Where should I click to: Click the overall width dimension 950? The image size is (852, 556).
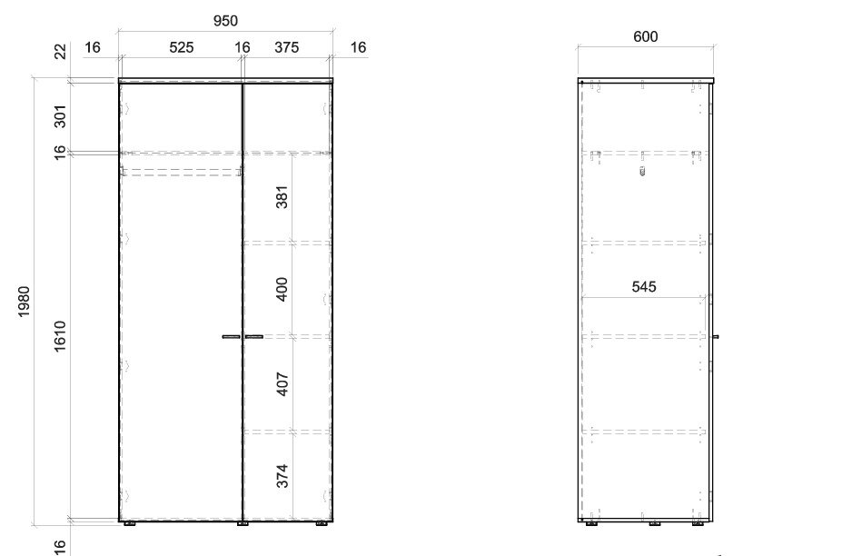pos(225,21)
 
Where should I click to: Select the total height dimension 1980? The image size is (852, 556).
pos(25,302)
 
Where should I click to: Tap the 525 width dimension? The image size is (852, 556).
pos(182,48)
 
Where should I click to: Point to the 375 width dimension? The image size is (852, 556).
pos(286,48)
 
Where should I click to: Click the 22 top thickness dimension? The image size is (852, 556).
pos(60,52)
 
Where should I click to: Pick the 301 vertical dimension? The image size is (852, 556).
pos(60,116)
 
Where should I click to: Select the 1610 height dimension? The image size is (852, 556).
pos(60,336)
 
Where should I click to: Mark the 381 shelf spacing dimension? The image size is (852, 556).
pos(282,197)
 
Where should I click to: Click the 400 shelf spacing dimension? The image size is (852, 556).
pos(282,289)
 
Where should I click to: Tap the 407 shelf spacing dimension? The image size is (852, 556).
pos(282,384)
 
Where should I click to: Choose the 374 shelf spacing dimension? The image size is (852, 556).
pos(282,476)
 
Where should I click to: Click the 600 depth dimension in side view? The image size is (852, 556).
pos(646,37)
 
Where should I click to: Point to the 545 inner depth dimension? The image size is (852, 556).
pos(644,286)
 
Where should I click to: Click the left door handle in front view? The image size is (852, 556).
pos(231,337)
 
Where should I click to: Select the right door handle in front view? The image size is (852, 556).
pos(253,337)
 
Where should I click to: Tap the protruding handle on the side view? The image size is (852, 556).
pos(716,337)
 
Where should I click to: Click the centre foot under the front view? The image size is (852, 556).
pos(243,524)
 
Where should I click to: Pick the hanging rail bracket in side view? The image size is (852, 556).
pos(642,172)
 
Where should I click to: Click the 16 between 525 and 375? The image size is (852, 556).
pos(243,48)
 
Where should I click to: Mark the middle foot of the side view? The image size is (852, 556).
pos(654,524)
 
